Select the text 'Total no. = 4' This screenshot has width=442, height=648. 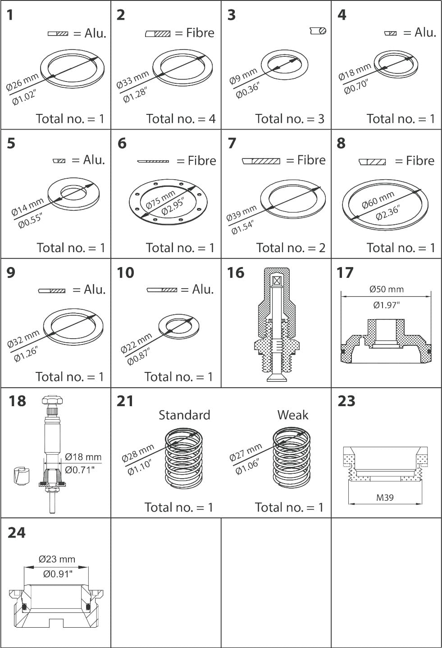click(181, 119)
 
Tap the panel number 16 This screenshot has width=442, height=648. click(236, 272)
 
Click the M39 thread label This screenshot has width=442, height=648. click(385, 498)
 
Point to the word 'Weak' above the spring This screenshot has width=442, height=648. click(292, 415)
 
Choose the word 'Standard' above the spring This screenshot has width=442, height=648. click(184, 415)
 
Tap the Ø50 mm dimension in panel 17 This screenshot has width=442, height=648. click(386, 289)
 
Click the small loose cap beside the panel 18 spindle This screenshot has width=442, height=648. click(20, 476)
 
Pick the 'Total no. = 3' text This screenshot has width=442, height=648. click(290, 119)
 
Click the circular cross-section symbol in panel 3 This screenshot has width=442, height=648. click(318, 31)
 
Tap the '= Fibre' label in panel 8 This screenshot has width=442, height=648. click(415, 161)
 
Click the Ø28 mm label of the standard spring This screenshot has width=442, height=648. click(137, 453)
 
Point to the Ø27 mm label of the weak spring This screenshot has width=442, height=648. click(246, 452)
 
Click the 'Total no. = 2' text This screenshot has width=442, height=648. click(291, 248)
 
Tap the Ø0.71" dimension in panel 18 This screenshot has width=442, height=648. click(80, 470)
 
